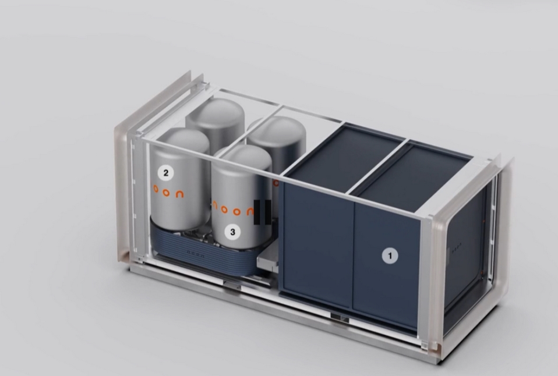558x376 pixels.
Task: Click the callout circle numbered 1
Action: [390, 255]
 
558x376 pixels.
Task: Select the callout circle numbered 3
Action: [233, 232]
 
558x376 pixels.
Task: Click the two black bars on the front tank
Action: [263, 212]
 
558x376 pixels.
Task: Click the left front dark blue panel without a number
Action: [317, 239]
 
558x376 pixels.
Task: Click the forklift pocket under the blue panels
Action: [338, 317]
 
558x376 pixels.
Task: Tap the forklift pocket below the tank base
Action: [232, 284]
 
